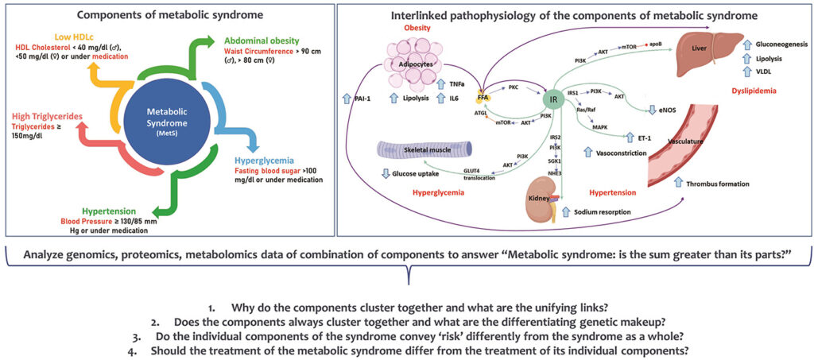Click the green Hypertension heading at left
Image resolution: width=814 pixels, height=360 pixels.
(92, 211)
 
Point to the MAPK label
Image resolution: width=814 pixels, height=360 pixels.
(599, 126)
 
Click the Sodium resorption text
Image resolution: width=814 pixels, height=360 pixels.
(609, 213)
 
